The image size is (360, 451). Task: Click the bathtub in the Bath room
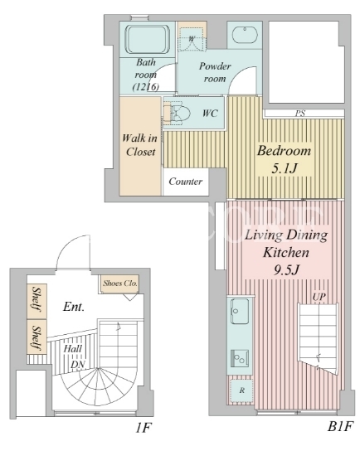147,40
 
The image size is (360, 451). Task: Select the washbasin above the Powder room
245,35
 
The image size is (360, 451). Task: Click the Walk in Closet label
140,145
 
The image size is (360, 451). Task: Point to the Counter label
186,182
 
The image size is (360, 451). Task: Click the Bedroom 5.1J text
284,159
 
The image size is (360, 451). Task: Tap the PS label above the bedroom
299,114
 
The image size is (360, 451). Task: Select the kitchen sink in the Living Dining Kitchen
240,311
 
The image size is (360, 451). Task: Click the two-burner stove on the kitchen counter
240,358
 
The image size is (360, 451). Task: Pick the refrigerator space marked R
241,390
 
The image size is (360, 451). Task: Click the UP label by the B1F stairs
319,297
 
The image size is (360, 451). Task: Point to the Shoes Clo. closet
120,284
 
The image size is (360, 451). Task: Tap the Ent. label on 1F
74,307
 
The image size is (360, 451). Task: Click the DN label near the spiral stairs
78,365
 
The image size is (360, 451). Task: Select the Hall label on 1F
72,349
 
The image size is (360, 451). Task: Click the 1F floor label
143,428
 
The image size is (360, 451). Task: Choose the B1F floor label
340,427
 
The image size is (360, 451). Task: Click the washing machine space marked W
192,38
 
